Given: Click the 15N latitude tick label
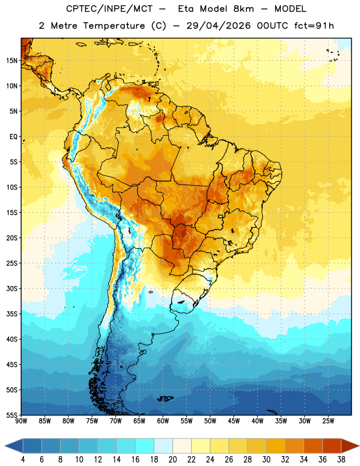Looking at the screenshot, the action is tap(12, 61).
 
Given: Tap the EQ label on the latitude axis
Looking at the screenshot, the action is tap(13, 137).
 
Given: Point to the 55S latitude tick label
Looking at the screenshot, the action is tap(12, 415).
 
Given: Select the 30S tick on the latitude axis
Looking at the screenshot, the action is tap(12, 288).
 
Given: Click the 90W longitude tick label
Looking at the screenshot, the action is tap(21, 421).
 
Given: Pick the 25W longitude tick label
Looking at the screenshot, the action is tap(328, 421).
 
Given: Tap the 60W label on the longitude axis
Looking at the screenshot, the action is tap(163, 421).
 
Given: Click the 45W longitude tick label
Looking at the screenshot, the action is tap(234, 421).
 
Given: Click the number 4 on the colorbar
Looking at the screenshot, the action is tap(23, 460).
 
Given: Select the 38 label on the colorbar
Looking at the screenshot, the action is tap(341, 460).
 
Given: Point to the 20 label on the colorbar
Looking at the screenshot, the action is tap(172, 460).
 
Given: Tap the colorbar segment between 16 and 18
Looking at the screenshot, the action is tap(144, 446).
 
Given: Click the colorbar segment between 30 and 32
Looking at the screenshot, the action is tap(276, 446).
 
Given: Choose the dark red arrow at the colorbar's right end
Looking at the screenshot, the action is tap(350, 446).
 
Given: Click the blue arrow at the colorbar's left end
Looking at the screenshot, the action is tap(14, 446).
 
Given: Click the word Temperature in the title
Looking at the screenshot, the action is tap(114, 26).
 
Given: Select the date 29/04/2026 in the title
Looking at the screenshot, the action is tap(218, 26).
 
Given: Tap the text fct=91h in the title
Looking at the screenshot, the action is tap(314, 26).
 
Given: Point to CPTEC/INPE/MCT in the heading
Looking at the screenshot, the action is tap(109, 9).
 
